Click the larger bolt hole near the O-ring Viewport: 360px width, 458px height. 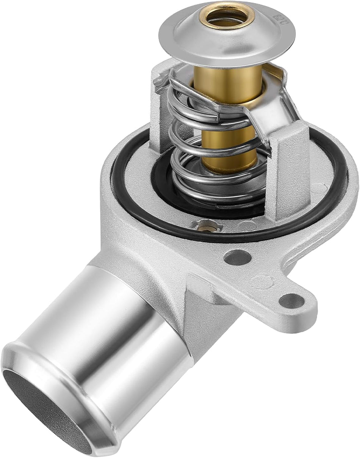[238, 258]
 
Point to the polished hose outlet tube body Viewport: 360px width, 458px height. [114, 334]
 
